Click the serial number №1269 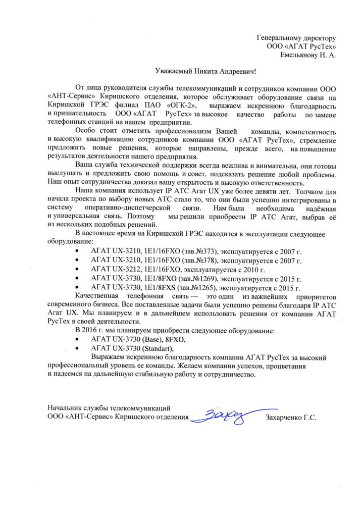tap(206, 279)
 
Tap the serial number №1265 tap(205, 288)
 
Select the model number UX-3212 tap(124, 270)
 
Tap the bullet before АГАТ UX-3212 tap(77, 270)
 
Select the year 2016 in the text tap(89, 330)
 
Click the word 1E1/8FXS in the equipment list tap(160, 288)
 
